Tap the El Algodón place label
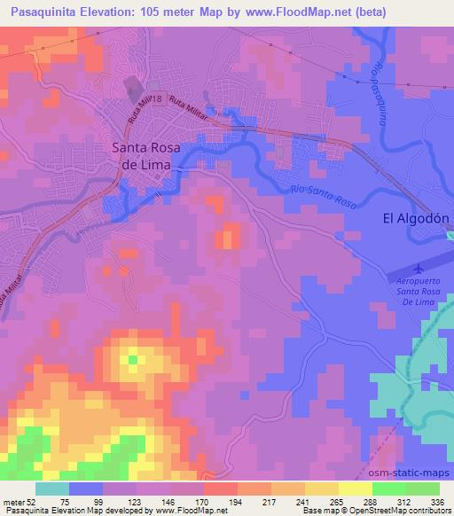(x=416, y=217)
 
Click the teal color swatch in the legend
(x=51, y=488)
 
